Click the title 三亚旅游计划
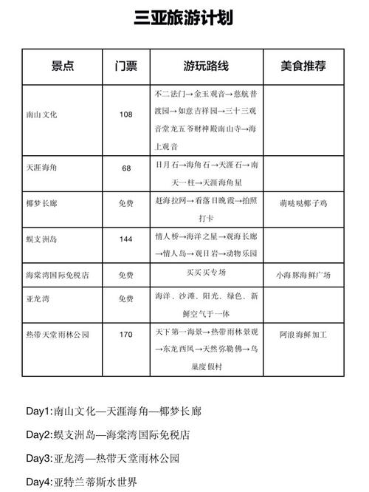(184, 18)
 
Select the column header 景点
(63, 66)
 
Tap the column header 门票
(126, 66)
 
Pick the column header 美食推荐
(303, 66)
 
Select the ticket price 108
(126, 115)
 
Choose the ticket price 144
(126, 239)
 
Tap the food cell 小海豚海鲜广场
(303, 275)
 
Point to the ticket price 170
(126, 335)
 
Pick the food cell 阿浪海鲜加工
(303, 335)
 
